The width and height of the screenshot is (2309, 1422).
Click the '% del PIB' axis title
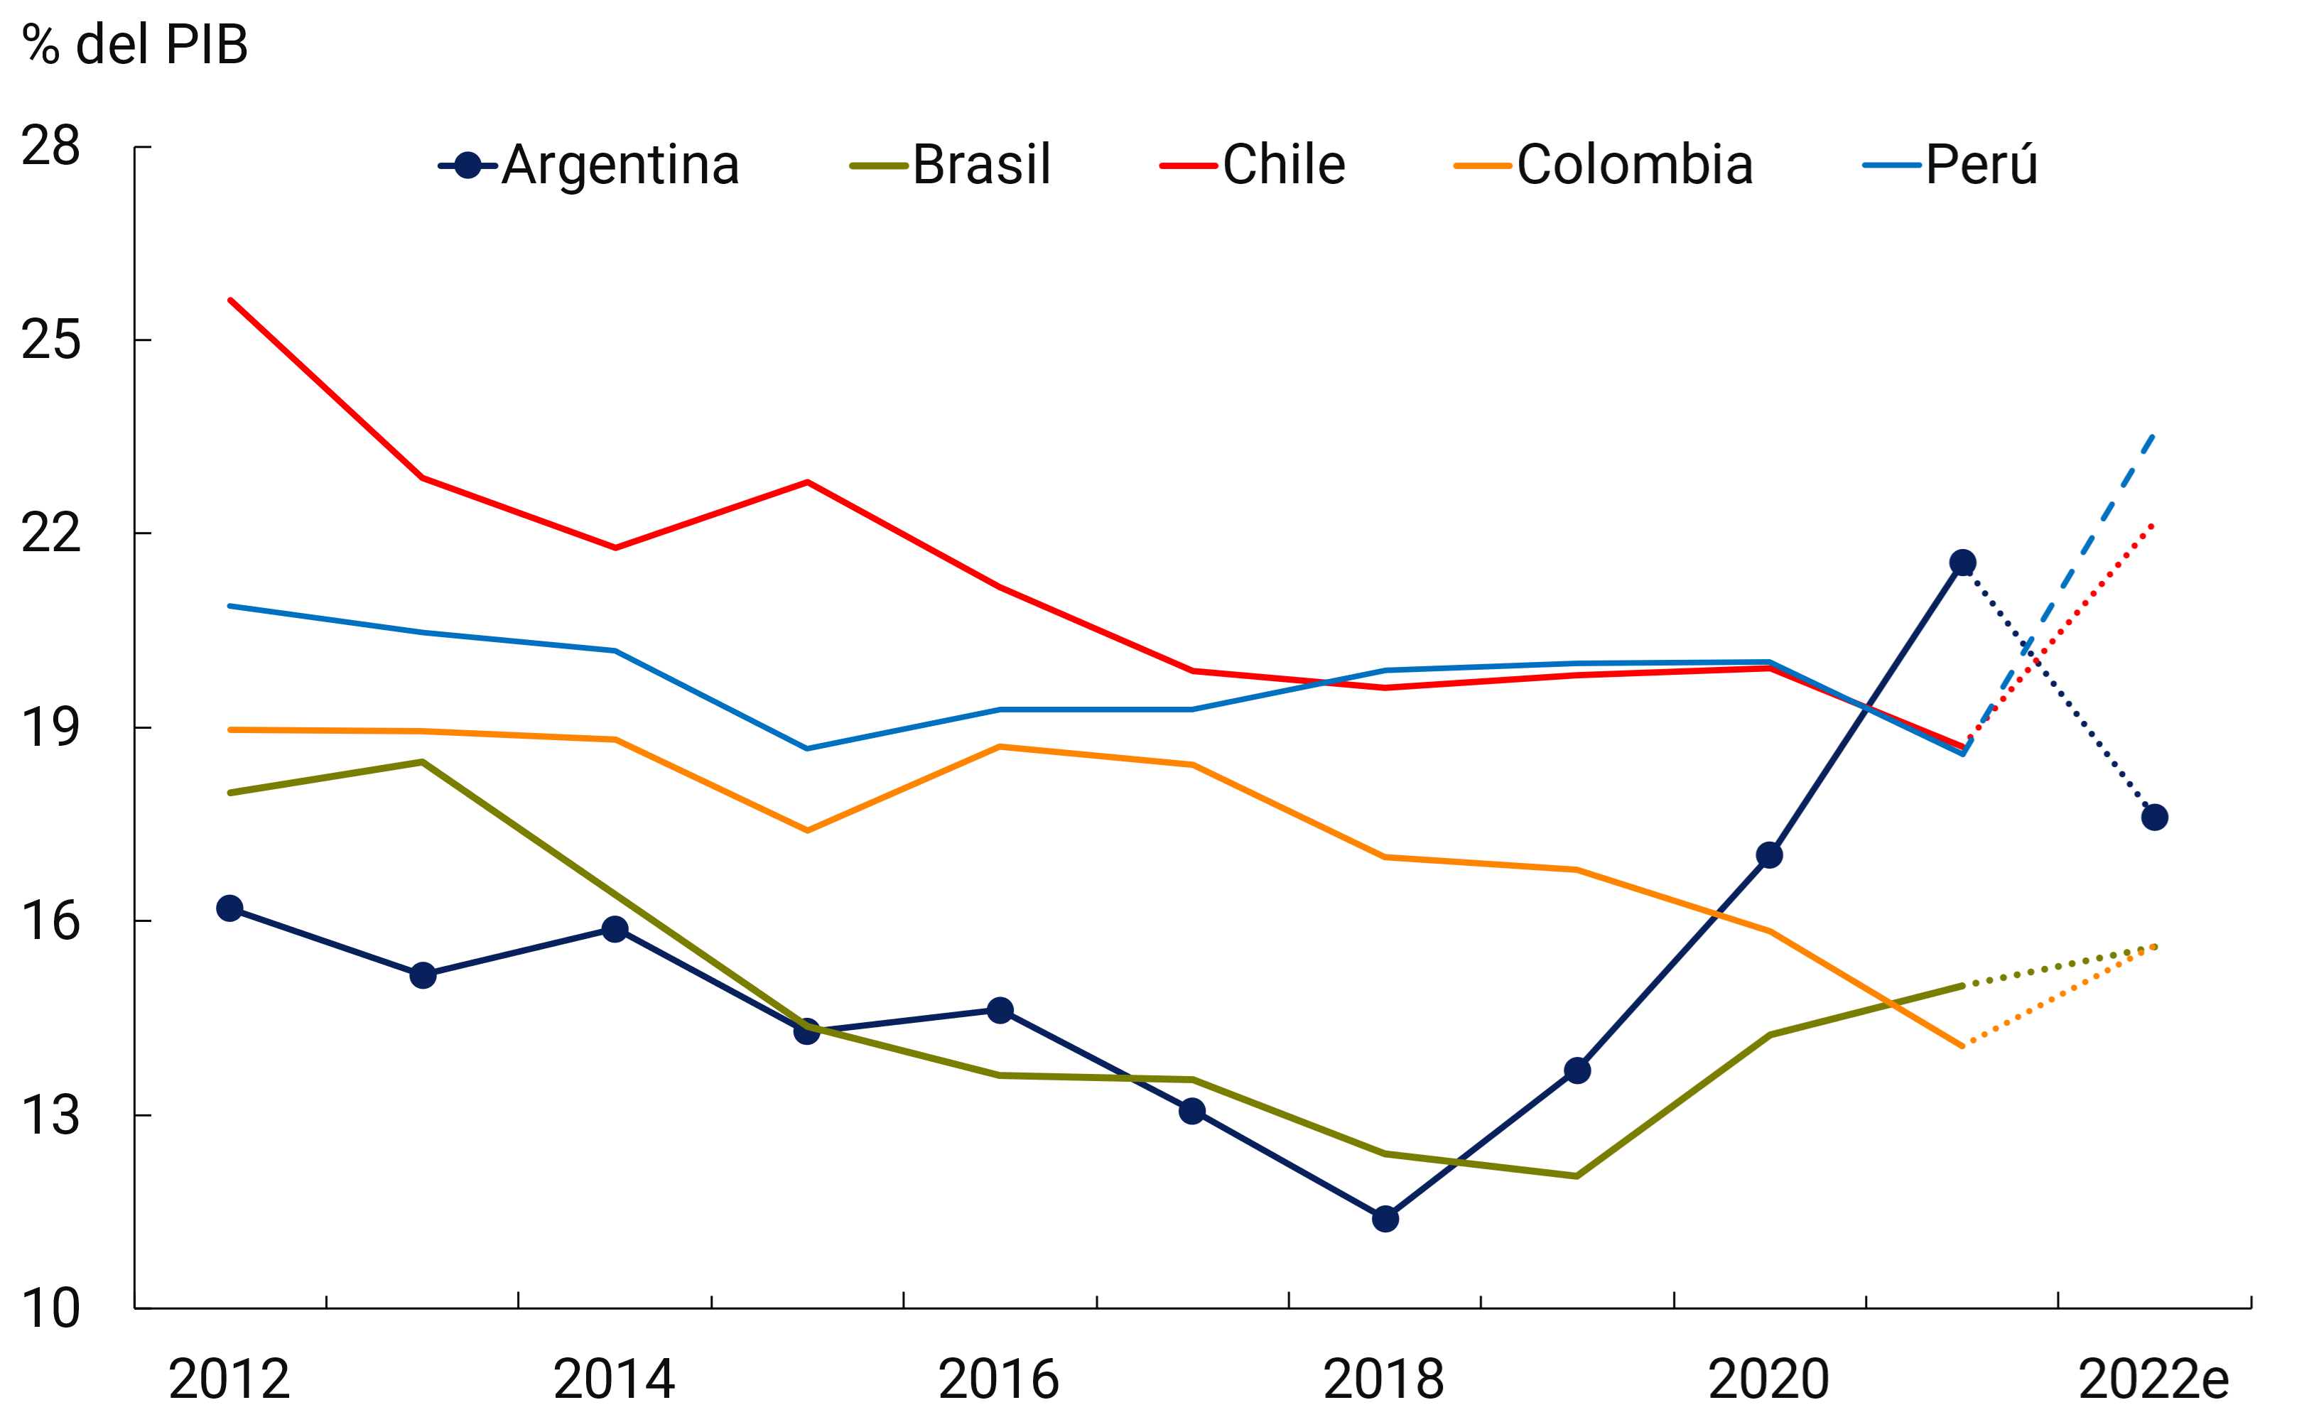(x=134, y=44)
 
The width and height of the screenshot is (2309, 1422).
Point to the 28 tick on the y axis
(x=50, y=147)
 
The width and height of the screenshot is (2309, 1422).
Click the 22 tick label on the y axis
(x=50, y=534)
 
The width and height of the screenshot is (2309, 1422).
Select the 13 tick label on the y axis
(x=50, y=1115)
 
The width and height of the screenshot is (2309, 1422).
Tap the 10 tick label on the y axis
(x=50, y=1308)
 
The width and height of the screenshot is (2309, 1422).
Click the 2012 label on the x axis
(x=229, y=1379)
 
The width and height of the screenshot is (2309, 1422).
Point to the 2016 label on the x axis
(x=999, y=1379)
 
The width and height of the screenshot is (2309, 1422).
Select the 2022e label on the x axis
(x=2153, y=1379)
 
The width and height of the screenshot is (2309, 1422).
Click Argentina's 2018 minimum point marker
(x=1385, y=1219)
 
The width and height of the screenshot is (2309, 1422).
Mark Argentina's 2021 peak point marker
(x=1963, y=563)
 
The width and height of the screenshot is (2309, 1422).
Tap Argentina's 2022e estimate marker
(x=2155, y=818)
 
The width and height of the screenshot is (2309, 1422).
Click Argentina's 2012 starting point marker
(x=229, y=908)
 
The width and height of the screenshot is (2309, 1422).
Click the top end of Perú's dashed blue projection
(x=2153, y=435)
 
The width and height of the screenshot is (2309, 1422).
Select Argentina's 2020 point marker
(x=1769, y=855)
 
